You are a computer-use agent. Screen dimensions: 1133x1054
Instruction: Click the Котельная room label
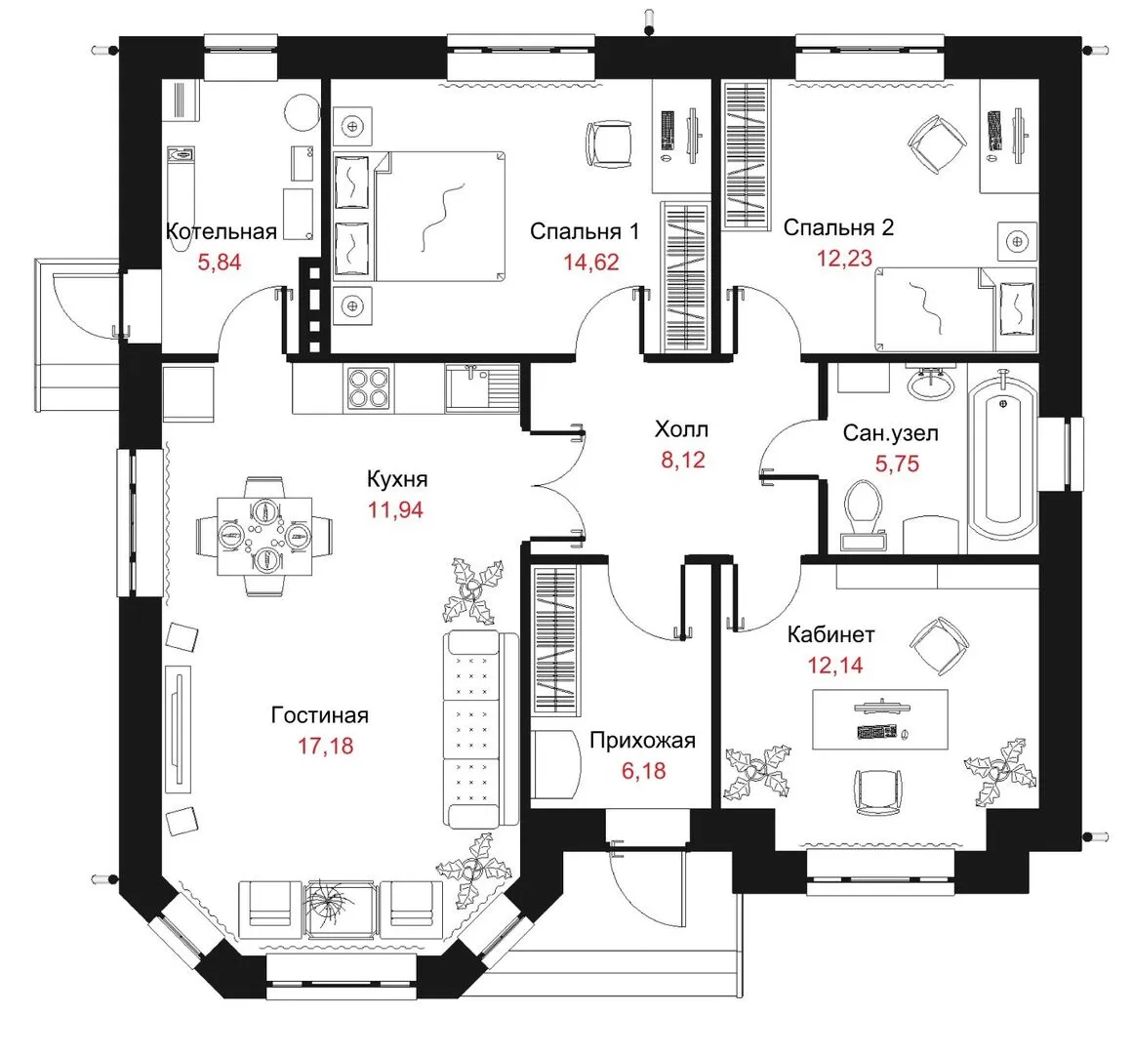tap(222, 231)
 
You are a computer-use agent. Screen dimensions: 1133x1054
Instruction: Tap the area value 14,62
tap(591, 262)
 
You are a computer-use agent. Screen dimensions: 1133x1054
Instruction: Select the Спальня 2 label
tap(838, 227)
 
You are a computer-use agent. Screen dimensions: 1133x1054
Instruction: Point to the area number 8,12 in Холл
tap(683, 460)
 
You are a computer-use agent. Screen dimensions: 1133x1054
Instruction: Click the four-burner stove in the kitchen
tap(370, 389)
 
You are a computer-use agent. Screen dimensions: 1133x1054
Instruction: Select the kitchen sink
tap(482, 388)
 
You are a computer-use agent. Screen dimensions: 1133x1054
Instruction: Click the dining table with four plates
tap(264, 536)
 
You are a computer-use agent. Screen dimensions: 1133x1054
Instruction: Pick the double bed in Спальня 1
tap(419, 216)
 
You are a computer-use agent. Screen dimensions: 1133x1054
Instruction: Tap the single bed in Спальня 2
tap(955, 309)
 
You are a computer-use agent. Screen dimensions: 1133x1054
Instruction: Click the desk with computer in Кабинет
tap(880, 719)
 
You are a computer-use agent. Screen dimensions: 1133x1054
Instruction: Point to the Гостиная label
tap(319, 715)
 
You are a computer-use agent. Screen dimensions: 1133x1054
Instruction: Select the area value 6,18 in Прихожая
tap(644, 771)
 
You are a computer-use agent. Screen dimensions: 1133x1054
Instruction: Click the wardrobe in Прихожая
tap(555, 640)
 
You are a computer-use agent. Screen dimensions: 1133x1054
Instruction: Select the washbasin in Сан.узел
tap(931, 383)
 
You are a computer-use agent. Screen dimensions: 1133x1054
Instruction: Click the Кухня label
tap(396, 479)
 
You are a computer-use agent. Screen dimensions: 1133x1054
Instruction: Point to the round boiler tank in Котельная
tap(302, 112)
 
